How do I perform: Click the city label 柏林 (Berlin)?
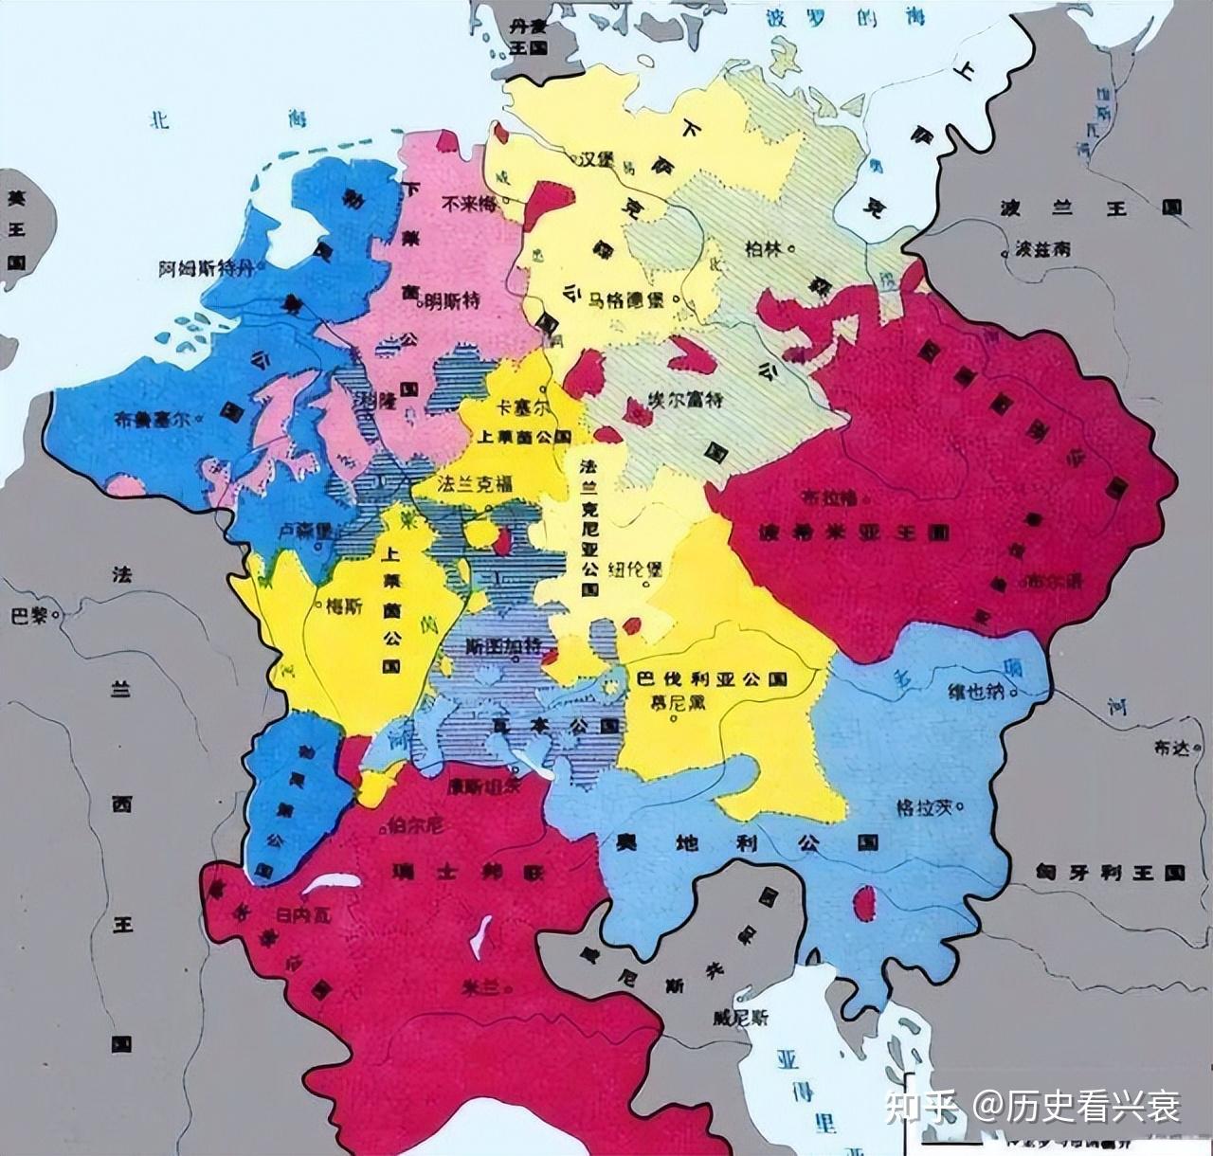pyautogui.click(x=764, y=249)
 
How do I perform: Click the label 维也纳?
pyautogui.click(x=976, y=691)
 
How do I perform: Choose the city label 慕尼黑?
pyautogui.click(x=673, y=703)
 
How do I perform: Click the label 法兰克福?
pyautogui.click(x=474, y=483)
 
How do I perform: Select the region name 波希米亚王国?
pyautogui.click(x=853, y=533)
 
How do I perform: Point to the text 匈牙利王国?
pyautogui.click(x=1110, y=872)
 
